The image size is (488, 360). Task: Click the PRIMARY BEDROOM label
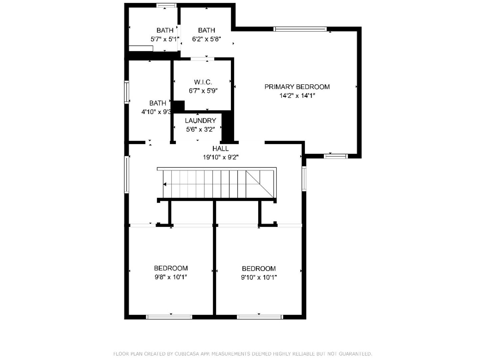pos(297,87)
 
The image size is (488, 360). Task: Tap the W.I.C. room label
pos(203,82)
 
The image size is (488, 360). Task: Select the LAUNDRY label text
pos(201,121)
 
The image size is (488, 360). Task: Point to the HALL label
pos(221,148)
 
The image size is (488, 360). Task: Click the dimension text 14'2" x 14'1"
pos(297,96)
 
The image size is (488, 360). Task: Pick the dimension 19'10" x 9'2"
pos(221,157)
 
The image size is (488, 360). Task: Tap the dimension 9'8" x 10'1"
pos(171,277)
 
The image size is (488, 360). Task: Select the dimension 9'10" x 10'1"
pos(259,277)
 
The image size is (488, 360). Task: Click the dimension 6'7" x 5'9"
pos(203,91)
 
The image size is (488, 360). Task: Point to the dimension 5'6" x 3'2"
pos(201,129)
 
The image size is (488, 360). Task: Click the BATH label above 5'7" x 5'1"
pos(165,30)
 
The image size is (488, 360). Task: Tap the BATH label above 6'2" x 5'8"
pos(207,30)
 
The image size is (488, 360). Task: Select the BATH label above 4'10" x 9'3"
pos(158,103)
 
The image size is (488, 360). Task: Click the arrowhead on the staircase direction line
pos(165,184)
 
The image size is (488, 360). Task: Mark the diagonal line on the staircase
pos(260,184)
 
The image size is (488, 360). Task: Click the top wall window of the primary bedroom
pos(300,29)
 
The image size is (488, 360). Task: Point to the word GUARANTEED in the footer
pos(358,354)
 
